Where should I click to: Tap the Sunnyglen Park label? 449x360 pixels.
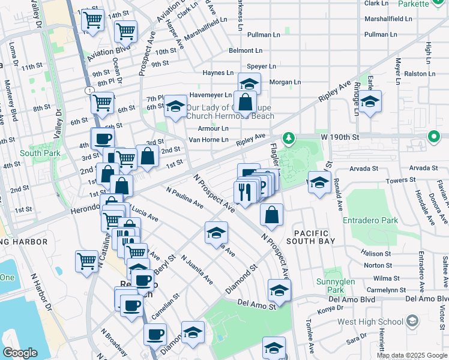(x=336, y=286)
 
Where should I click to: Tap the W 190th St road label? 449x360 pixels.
(x=340, y=137)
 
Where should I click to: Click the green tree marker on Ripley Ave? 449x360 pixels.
(x=289, y=139)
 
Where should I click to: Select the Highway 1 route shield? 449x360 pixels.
(x=89, y=90)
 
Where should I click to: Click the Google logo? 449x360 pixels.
(x=20, y=353)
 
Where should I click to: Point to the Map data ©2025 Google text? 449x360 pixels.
(x=412, y=355)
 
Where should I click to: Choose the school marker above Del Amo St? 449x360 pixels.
(x=279, y=291)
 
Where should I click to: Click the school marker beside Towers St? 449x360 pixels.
(x=319, y=182)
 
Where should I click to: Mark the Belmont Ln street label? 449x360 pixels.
(x=245, y=51)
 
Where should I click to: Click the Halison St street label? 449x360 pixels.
(x=378, y=254)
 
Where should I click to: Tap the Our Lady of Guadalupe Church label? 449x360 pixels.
(x=230, y=112)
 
